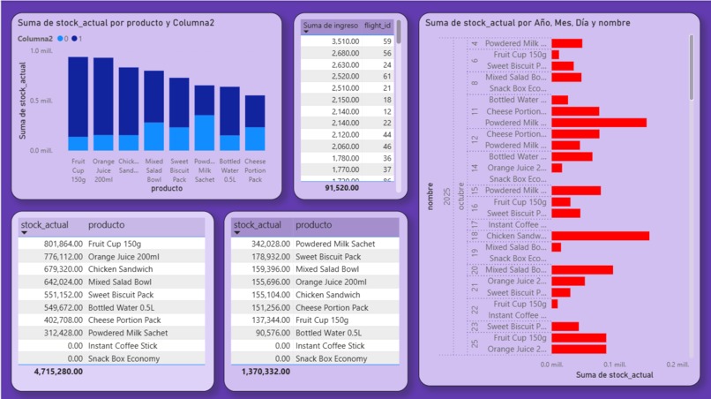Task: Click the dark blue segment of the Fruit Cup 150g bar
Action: tap(78, 95)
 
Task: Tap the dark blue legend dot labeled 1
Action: tap(75, 39)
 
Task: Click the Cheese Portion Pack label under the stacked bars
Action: tap(255, 169)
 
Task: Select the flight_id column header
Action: tap(378, 26)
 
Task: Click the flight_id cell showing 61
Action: tap(386, 77)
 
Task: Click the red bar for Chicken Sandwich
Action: tap(600, 236)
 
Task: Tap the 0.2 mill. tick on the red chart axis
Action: tap(677, 364)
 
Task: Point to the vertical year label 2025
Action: tap(447, 196)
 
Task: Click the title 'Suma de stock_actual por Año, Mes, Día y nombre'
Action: tap(528, 22)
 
